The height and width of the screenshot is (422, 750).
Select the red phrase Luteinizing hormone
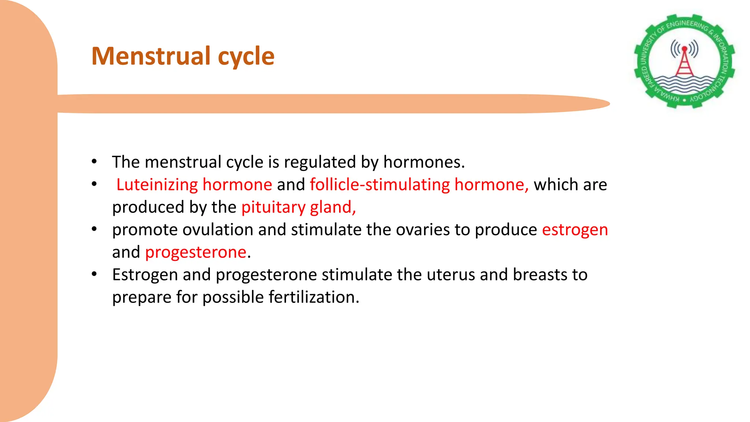[194, 185]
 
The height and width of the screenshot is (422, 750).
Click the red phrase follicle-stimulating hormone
[419, 185]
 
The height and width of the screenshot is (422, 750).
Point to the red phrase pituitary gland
[298, 207]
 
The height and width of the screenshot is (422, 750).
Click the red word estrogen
[575, 230]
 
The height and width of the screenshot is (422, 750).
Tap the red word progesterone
[196, 252]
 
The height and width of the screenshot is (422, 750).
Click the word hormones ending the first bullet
[424, 162]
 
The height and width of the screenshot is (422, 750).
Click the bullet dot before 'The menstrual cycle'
[94, 162]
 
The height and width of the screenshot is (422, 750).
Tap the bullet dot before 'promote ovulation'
[94, 229]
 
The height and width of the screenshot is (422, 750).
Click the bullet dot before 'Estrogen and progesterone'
[94, 274]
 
